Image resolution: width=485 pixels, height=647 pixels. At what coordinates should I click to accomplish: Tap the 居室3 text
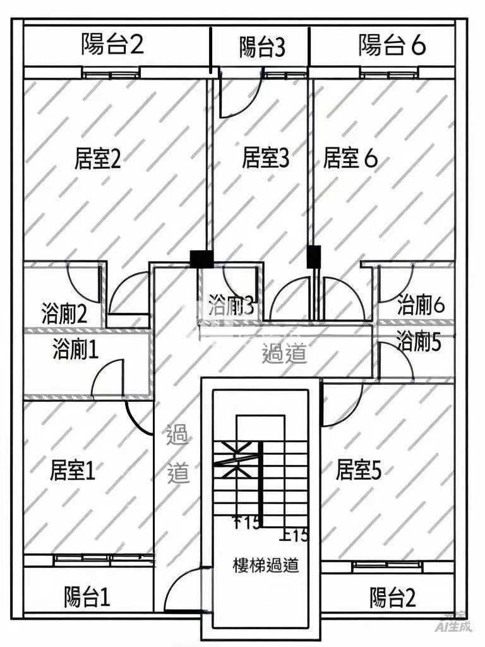coord(265,158)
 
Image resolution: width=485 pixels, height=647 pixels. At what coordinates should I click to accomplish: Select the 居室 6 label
coord(350,159)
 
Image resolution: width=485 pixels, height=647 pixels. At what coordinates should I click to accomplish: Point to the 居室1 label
coord(73,471)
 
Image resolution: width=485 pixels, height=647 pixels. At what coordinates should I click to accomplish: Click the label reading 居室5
coord(358,470)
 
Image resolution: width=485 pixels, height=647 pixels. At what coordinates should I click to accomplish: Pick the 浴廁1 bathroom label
coord(76,349)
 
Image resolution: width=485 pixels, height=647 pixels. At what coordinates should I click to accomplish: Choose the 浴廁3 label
coord(232,306)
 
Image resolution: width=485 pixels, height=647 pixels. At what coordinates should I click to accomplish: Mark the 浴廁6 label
coord(421,306)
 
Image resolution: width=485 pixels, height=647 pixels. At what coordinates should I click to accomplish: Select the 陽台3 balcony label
coord(262,47)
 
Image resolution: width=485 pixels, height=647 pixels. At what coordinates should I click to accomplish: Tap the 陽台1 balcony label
coord(87,597)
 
